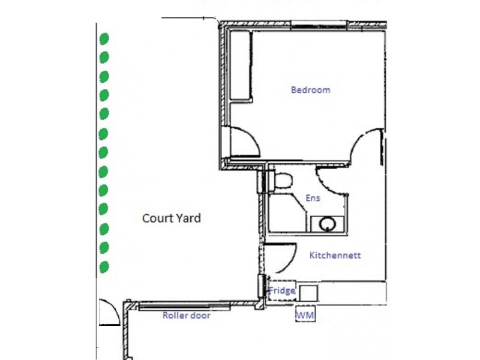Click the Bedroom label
(310, 90)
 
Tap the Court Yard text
(171, 218)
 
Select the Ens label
(313, 198)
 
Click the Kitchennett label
(335, 255)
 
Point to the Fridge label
(281, 291)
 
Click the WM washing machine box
(305, 314)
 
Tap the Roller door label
(187, 315)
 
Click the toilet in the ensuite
(283, 180)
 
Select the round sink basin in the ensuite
(328, 224)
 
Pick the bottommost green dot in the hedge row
(104, 266)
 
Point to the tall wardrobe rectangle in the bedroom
(241, 66)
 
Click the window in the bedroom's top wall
(318, 25)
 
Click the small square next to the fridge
(308, 292)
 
